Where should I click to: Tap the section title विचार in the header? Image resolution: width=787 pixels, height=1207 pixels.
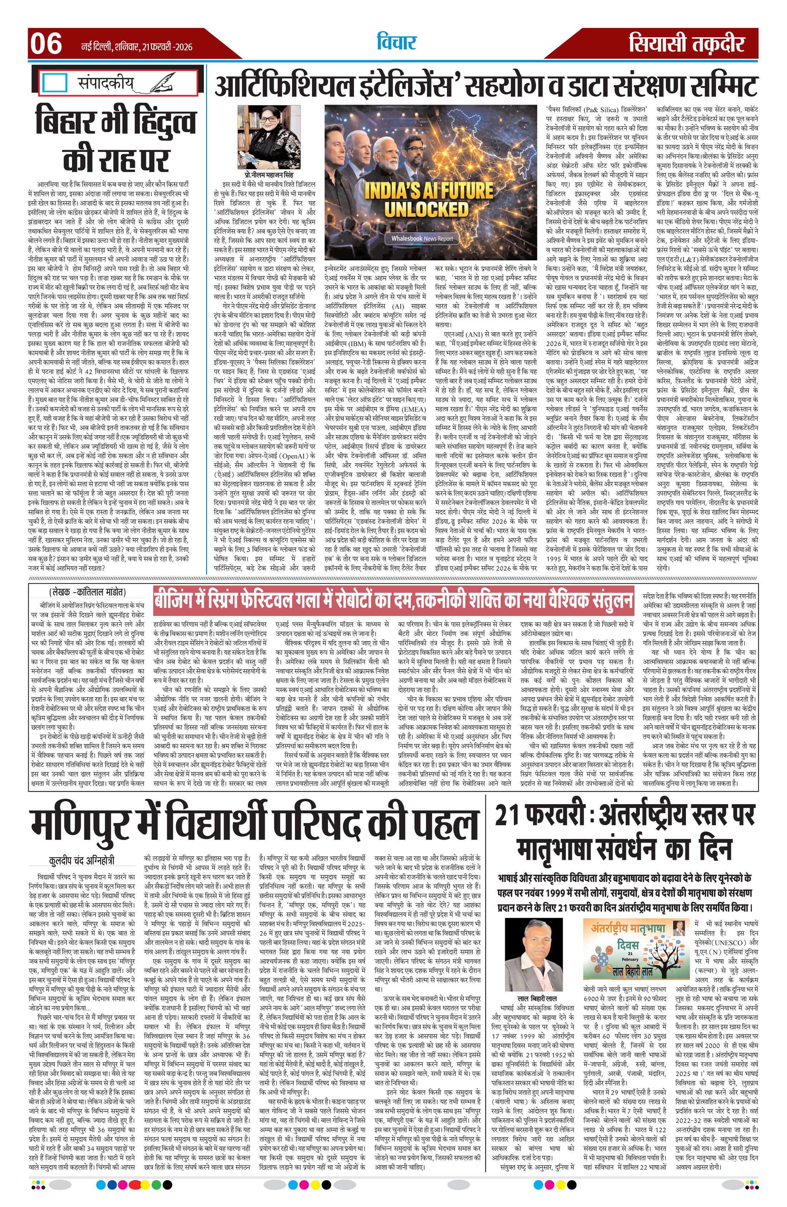click(396, 43)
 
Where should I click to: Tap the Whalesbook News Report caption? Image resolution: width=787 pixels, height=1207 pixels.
click(422, 238)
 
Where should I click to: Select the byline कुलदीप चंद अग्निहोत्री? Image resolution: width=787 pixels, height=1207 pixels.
click(82, 860)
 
